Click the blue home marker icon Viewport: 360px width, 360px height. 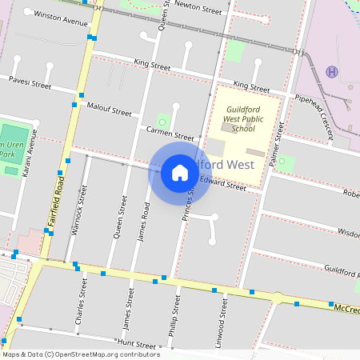(180, 172)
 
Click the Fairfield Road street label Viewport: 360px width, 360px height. (61, 191)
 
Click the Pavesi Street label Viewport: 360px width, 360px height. (30, 81)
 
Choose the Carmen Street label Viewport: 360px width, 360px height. (170, 133)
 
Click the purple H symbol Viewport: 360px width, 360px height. (332, 72)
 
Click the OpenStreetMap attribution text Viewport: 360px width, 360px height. (81, 354)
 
